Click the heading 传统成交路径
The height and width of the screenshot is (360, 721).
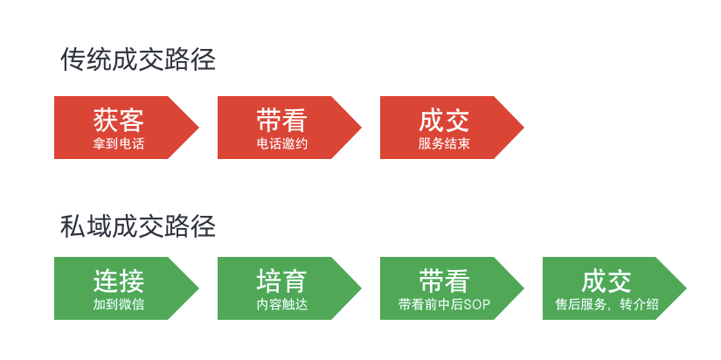pos(138,59)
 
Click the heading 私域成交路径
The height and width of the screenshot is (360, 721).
pos(138,226)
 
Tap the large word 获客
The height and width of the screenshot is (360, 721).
pos(118,120)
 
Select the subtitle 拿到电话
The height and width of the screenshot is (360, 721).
pos(118,143)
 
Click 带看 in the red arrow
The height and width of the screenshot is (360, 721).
pos(281,120)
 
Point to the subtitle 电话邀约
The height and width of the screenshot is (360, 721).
pos(281,143)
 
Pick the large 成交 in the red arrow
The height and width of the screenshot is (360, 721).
pos(444,120)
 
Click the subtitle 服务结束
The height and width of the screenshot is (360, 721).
pos(444,143)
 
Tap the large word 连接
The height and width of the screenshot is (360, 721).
pos(118,281)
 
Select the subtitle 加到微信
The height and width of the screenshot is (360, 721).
pos(118,305)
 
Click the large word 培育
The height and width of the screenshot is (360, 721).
pos(281,281)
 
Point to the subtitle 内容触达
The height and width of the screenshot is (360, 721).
pos(281,305)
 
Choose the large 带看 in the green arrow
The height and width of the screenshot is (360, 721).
pos(444,281)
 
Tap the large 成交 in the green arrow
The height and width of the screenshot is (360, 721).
pos(607,281)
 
